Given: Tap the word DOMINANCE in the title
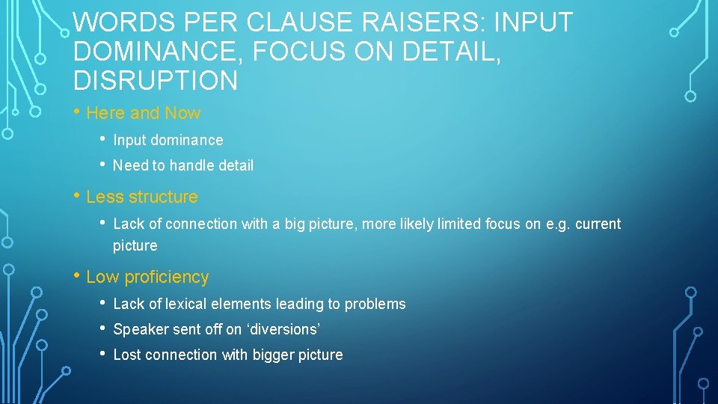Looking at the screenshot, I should point(160,52).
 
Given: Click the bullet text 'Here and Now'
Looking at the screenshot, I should point(144,114).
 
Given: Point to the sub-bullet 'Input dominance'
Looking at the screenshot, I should point(168,140).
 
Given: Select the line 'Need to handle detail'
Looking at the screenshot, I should point(183,165).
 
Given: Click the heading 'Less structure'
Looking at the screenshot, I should point(142,197).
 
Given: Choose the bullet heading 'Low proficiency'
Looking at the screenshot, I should point(147,277).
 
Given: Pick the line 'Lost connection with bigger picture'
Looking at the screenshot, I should point(228,355).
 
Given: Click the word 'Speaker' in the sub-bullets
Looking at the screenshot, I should point(141,329).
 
